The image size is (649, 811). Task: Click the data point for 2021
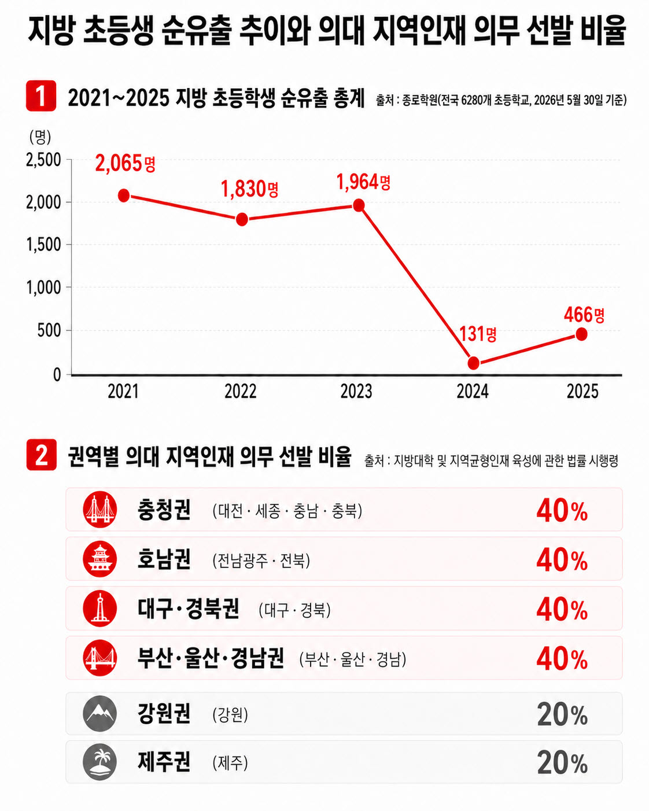pos(124,196)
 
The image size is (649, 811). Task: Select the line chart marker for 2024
pos(473,363)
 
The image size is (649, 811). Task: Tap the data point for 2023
pos(359,205)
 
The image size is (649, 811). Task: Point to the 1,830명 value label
pos(249,189)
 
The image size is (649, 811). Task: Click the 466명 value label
pos(584,315)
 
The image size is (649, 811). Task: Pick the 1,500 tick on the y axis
pos(43,245)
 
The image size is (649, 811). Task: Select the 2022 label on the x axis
pos(241,392)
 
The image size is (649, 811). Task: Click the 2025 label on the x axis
pos(582,392)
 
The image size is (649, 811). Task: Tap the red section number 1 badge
pos(41,95)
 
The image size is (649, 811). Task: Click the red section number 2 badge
pos(42,455)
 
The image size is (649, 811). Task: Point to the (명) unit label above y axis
pos(40,137)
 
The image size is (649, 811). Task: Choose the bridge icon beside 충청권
pos(100,510)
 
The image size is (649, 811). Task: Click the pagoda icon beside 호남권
pos(100,559)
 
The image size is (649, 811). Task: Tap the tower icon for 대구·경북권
pos(100,609)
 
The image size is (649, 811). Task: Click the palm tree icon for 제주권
pos(100,762)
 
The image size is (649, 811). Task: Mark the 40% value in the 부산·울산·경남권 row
pos(562,659)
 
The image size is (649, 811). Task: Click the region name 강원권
pos(164,713)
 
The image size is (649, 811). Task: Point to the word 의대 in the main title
pos(341,30)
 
